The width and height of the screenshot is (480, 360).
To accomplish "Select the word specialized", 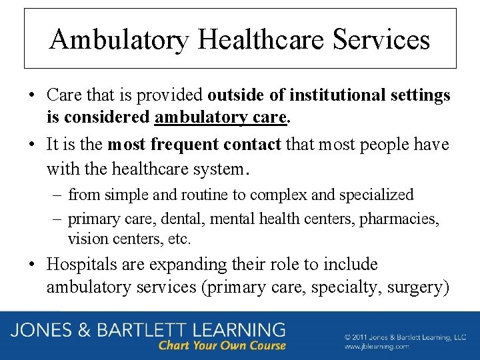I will coord(376,195).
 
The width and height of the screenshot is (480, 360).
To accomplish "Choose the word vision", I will coord(86,238).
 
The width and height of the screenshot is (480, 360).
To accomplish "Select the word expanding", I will coord(181,265).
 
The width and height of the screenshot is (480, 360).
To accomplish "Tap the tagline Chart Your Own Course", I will coord(222,346).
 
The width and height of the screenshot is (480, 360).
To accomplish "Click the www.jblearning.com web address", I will coord(377,347).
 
